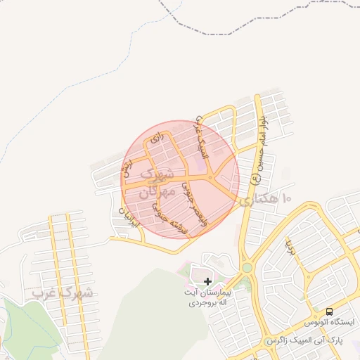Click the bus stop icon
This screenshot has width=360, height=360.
tap(328, 311)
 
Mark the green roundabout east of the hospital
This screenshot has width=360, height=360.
tap(247, 267)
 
